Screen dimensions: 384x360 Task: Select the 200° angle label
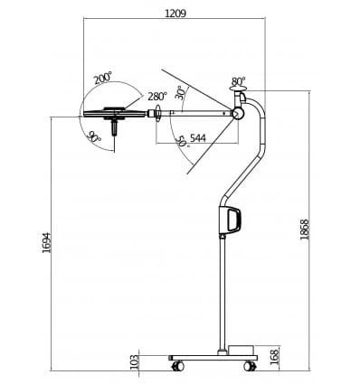pyautogui.click(x=102, y=79)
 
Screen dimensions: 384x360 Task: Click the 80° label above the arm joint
pyautogui.click(x=238, y=81)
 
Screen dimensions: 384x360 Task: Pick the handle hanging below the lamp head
pyautogui.click(x=115, y=127)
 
